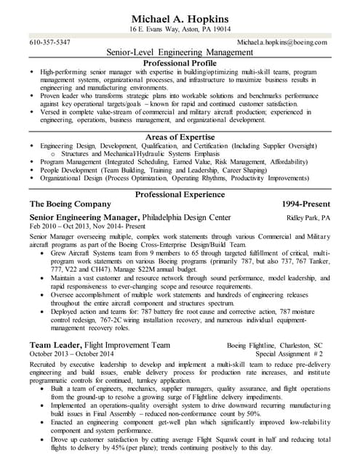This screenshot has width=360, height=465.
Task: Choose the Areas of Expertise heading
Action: pos(180,137)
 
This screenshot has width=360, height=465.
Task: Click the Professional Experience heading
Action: pos(180,194)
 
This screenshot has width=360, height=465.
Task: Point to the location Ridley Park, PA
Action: pos(308,218)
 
